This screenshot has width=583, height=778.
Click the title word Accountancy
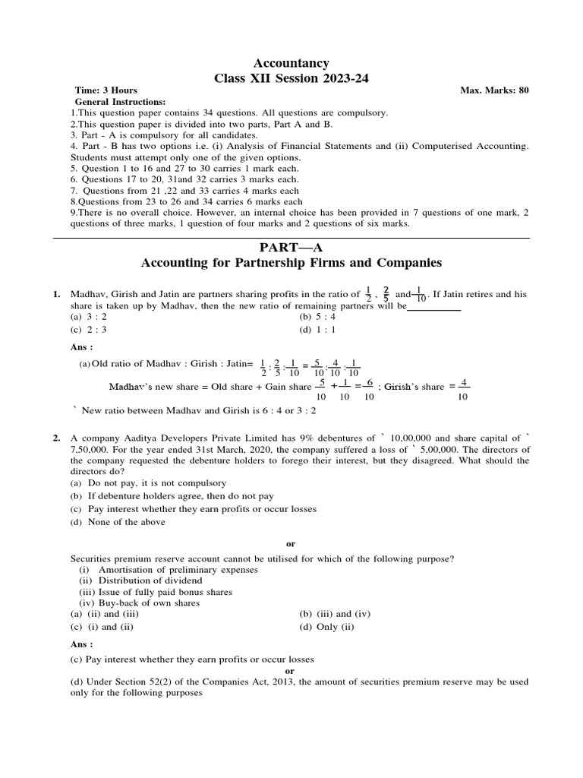tap(291, 63)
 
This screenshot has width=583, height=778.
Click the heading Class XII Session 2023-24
tap(291, 77)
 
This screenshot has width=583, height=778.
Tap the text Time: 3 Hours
tap(106, 90)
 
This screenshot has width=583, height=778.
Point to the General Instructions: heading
tap(120, 101)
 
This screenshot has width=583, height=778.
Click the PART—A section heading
tap(291, 248)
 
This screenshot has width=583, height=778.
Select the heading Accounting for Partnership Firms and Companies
tap(291, 263)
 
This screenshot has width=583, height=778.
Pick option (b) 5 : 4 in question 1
tap(317, 316)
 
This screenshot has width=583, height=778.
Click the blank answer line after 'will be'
tap(434, 308)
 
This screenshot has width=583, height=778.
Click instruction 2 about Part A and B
tap(201, 123)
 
